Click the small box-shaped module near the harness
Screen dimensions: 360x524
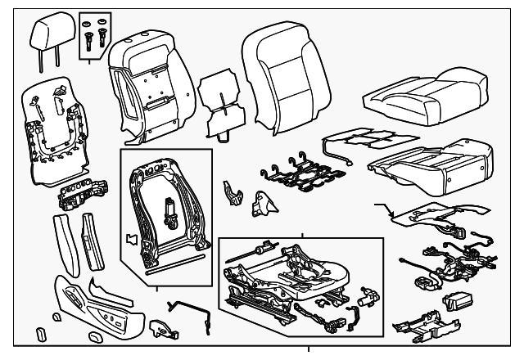coord(454,301)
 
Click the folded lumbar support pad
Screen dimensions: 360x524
coord(219,98)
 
